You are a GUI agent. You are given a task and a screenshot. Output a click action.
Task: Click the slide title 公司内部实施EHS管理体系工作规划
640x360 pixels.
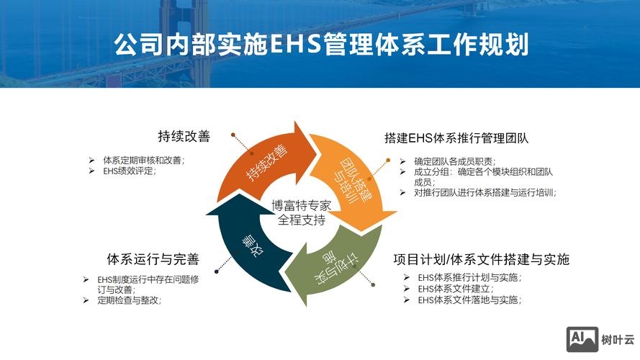point(320,44)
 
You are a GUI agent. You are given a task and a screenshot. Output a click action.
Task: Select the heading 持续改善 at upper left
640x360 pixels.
point(184,136)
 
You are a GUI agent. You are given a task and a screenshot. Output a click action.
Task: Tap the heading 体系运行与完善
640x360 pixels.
point(153,259)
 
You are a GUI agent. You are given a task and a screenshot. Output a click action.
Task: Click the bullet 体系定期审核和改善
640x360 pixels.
point(144,160)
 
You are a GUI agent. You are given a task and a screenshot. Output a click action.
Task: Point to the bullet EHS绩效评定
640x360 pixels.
point(130,171)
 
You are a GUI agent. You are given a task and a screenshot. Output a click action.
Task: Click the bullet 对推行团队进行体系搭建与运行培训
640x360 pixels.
point(485,192)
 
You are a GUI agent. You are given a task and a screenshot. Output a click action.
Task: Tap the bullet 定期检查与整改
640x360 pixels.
point(129,300)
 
